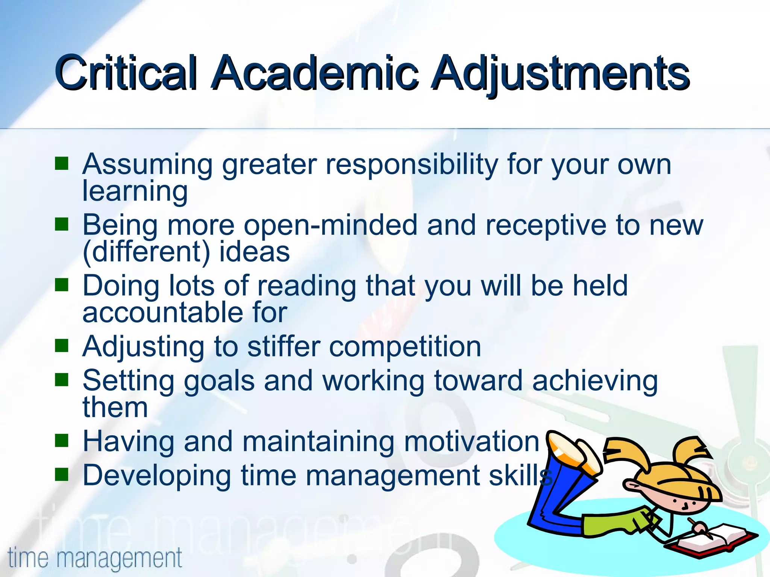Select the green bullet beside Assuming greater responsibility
click(x=61, y=164)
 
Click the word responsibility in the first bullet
click(x=412, y=165)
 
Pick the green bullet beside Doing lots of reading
click(x=61, y=285)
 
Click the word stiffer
click(x=284, y=346)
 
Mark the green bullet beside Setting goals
click(x=61, y=380)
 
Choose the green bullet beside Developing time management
click(x=61, y=474)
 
